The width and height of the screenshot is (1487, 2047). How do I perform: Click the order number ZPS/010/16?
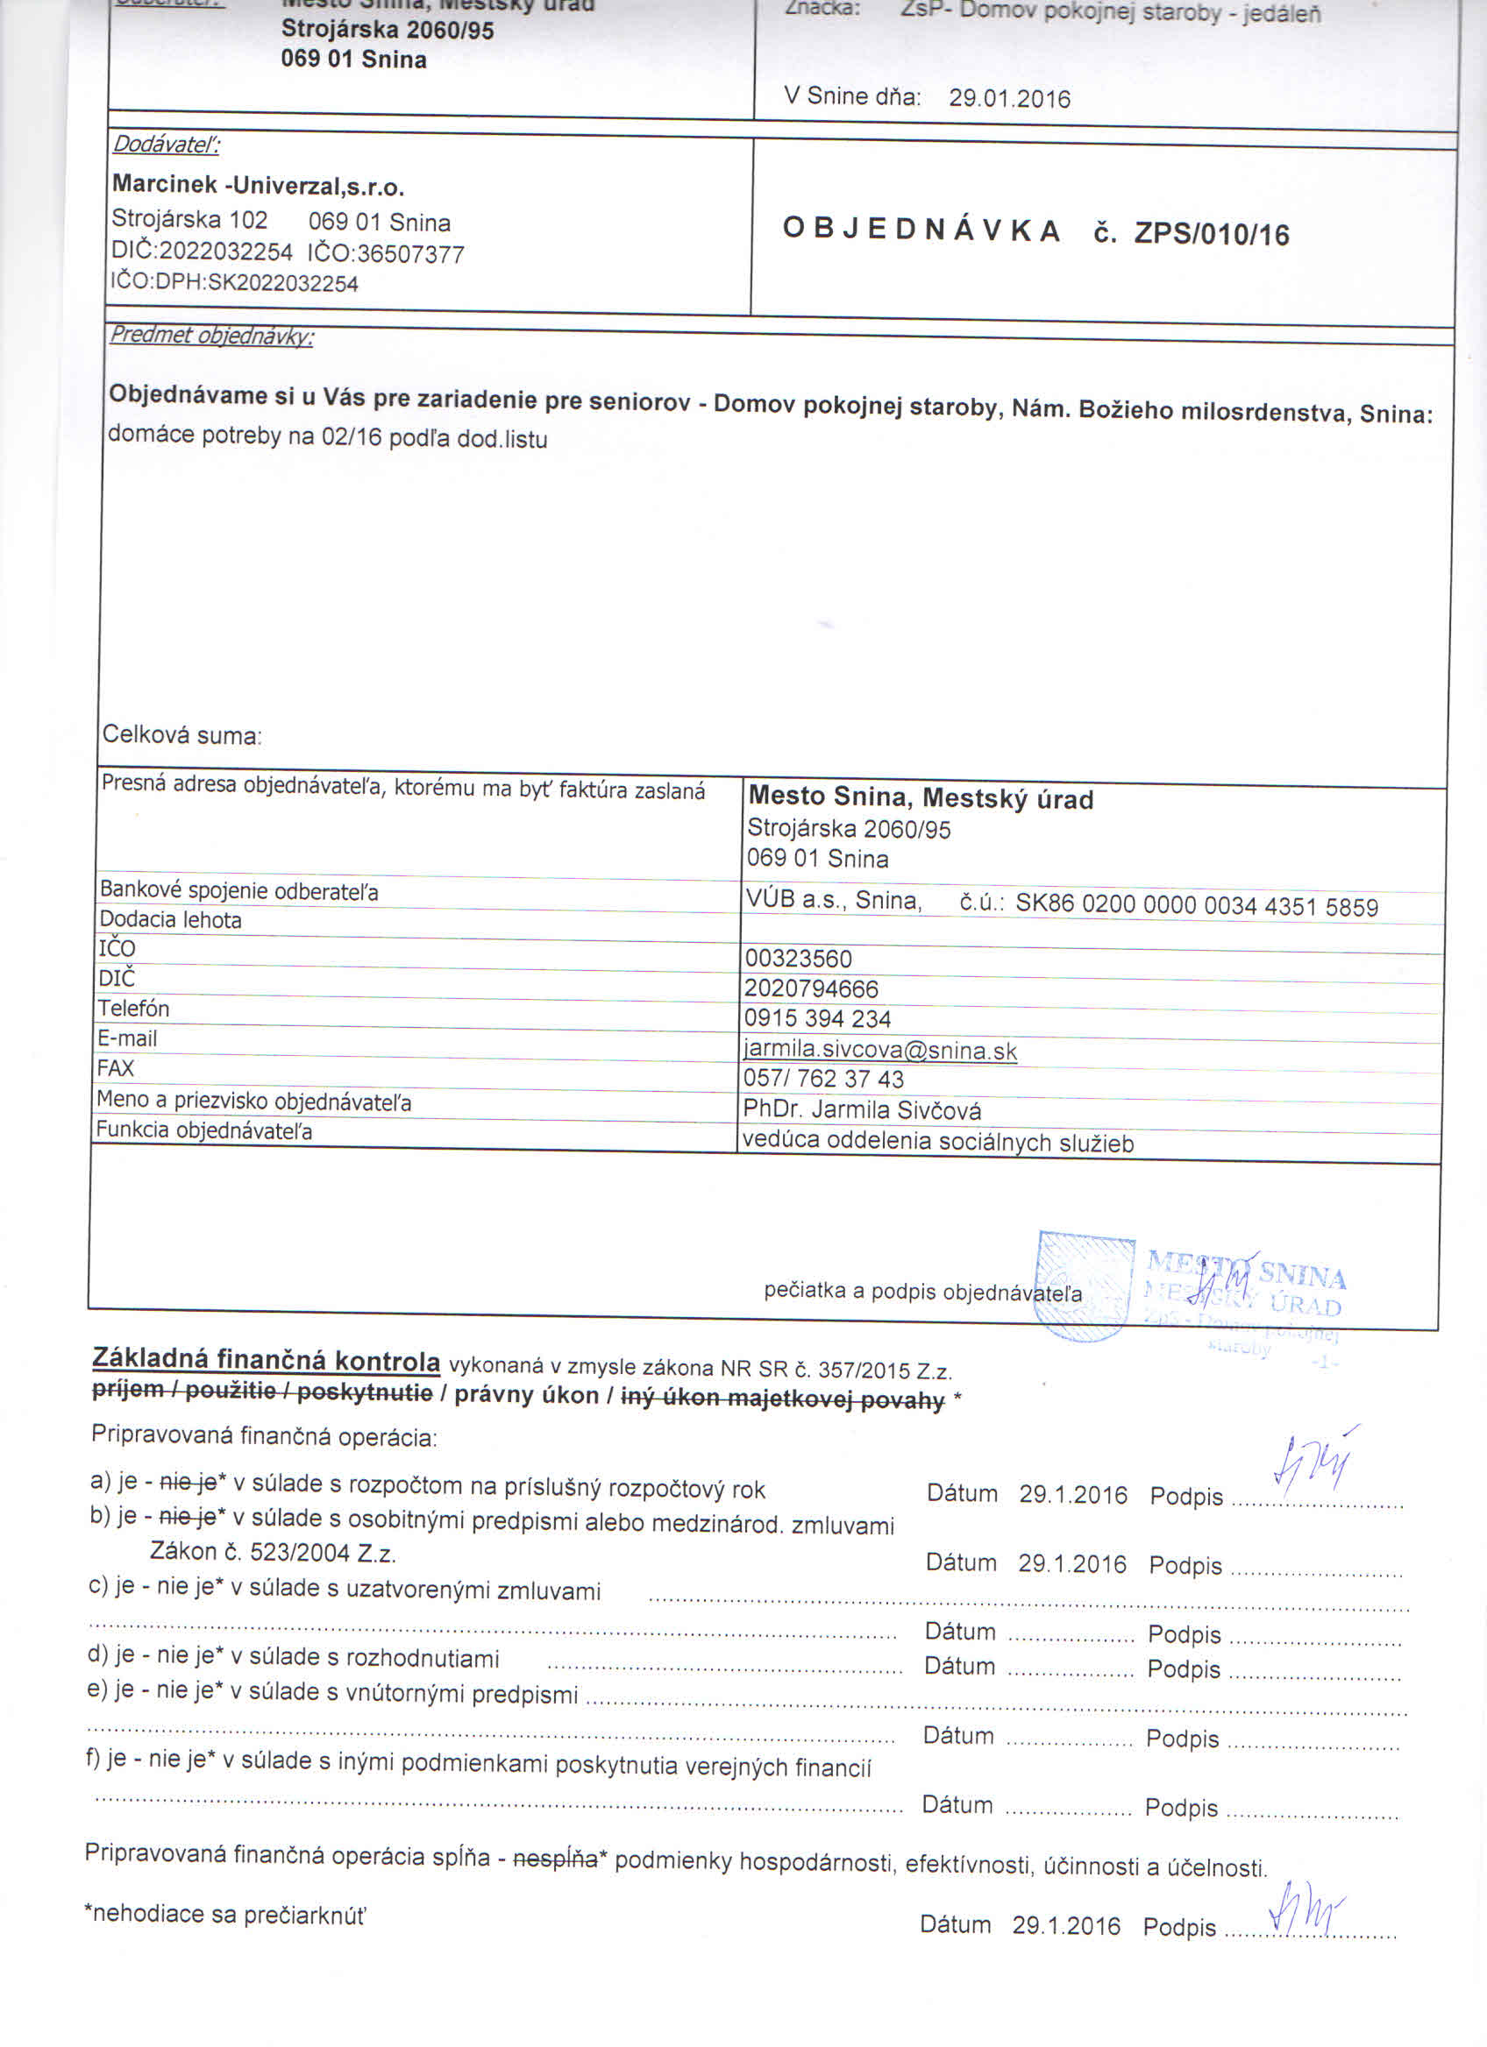(x=1211, y=235)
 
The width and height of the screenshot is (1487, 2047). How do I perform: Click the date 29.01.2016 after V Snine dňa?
(x=1008, y=98)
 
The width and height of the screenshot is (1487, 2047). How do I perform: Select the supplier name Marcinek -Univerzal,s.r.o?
(x=259, y=186)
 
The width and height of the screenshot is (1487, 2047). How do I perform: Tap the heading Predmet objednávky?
(x=211, y=336)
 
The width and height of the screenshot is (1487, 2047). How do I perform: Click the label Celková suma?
(x=181, y=734)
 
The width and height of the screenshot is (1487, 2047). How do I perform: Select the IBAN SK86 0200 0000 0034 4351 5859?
(x=1196, y=905)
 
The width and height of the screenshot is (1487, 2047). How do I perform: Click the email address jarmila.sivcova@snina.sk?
(x=879, y=1051)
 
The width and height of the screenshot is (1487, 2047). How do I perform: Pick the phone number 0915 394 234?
(x=817, y=1019)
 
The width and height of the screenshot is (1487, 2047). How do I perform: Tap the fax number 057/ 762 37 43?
(x=822, y=1079)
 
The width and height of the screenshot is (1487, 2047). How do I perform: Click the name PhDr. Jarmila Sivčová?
(x=861, y=1109)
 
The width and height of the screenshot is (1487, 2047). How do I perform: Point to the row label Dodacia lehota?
(x=171, y=920)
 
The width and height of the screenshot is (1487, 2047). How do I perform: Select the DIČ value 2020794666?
(x=811, y=989)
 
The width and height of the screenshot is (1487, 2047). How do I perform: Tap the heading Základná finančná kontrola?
(x=267, y=1360)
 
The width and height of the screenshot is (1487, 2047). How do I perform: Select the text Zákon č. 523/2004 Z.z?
(x=273, y=1553)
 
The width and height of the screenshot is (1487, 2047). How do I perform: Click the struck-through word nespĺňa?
(x=554, y=1859)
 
